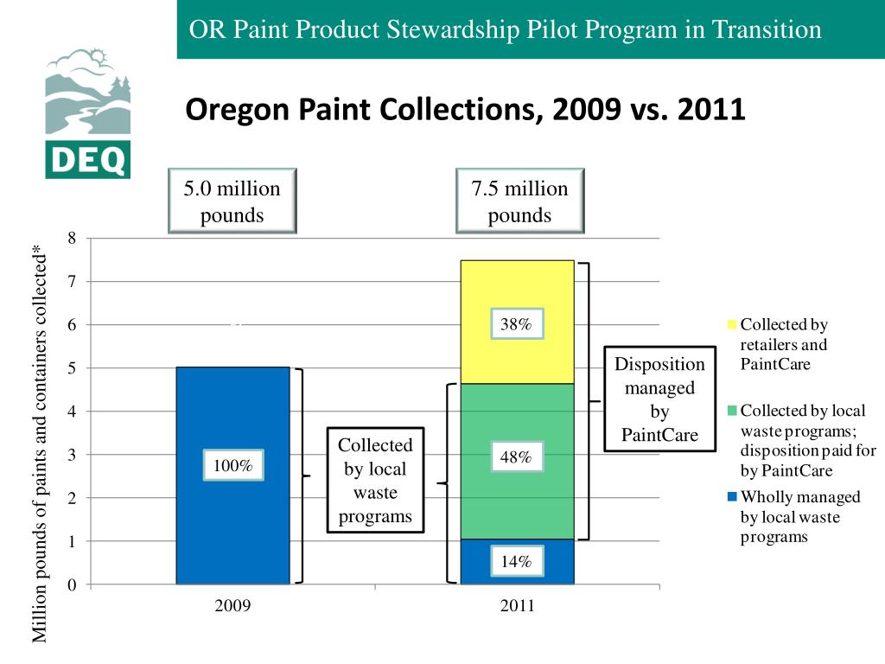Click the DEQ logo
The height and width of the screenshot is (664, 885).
coord(87,113)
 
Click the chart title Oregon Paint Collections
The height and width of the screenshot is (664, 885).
coord(466,110)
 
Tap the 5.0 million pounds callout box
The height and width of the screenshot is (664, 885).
coord(232,201)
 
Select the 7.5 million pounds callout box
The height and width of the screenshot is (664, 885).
coord(519,201)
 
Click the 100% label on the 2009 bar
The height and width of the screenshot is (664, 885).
coord(232,466)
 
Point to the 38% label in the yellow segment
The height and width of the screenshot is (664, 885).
coord(516,324)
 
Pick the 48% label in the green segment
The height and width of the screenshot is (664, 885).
coord(516,456)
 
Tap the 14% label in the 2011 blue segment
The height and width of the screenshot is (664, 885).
coord(516,561)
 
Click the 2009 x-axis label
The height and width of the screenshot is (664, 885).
coord(232,606)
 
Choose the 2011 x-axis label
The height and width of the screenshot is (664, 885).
coord(517,606)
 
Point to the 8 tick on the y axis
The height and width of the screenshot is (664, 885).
coord(73,239)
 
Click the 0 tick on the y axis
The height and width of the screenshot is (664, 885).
coord(73,585)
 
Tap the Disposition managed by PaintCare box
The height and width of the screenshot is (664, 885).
coord(659,399)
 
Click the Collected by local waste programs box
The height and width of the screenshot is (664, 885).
coord(375,481)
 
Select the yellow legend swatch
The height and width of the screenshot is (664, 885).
coord(732,325)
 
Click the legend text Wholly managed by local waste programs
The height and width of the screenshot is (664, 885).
coord(799,516)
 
